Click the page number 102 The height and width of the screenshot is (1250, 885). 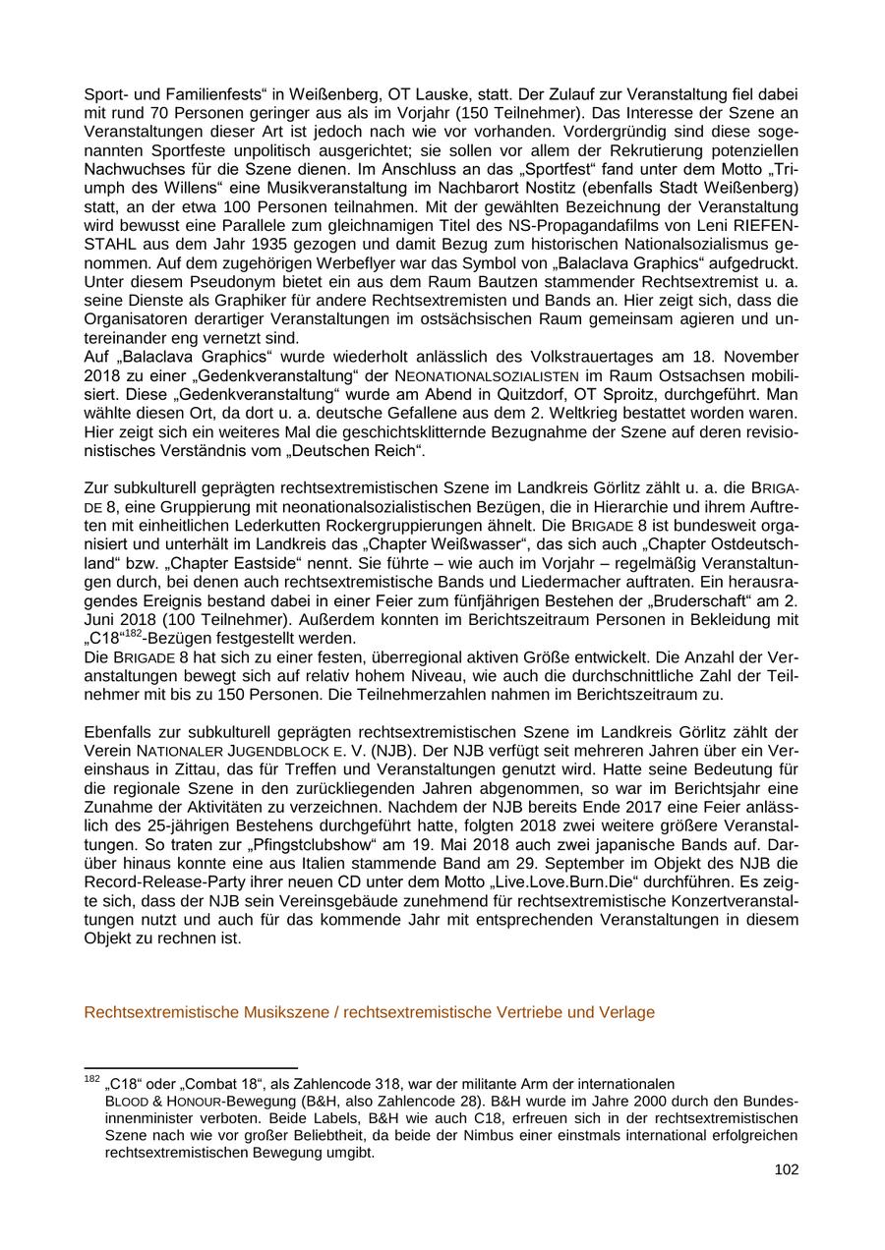(786, 1169)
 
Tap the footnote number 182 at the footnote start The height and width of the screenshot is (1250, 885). (92, 1080)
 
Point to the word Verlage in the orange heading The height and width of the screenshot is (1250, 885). (627, 1012)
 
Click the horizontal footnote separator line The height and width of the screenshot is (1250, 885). (191, 1068)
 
